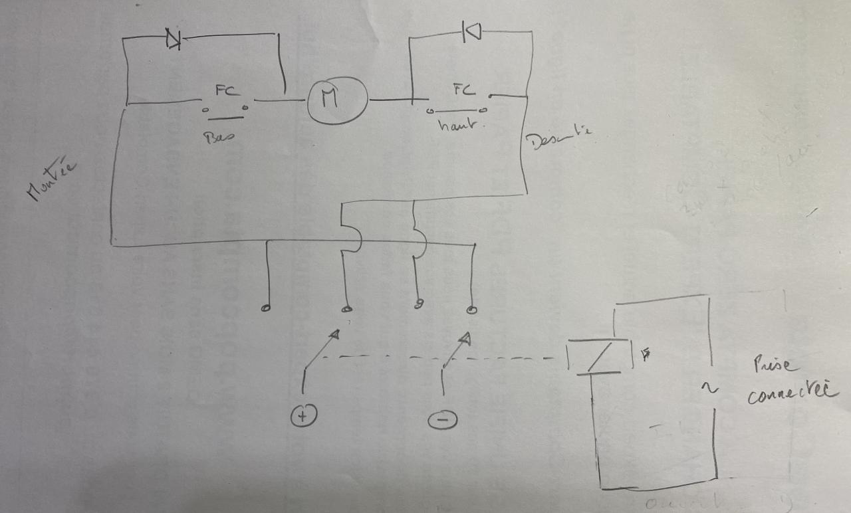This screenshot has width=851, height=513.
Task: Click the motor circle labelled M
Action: [336, 100]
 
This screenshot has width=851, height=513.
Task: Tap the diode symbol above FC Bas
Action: [174, 40]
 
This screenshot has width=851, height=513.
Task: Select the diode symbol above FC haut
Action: [471, 30]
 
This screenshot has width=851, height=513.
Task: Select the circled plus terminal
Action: [303, 416]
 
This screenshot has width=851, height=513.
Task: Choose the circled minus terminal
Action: [443, 419]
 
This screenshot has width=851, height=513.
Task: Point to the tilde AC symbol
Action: [711, 387]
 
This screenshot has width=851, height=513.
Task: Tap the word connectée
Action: [791, 393]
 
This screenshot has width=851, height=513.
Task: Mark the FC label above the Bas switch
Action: [223, 90]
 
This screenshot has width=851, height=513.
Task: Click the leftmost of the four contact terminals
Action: [266, 308]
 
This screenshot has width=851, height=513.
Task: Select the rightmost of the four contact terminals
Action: [471, 310]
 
